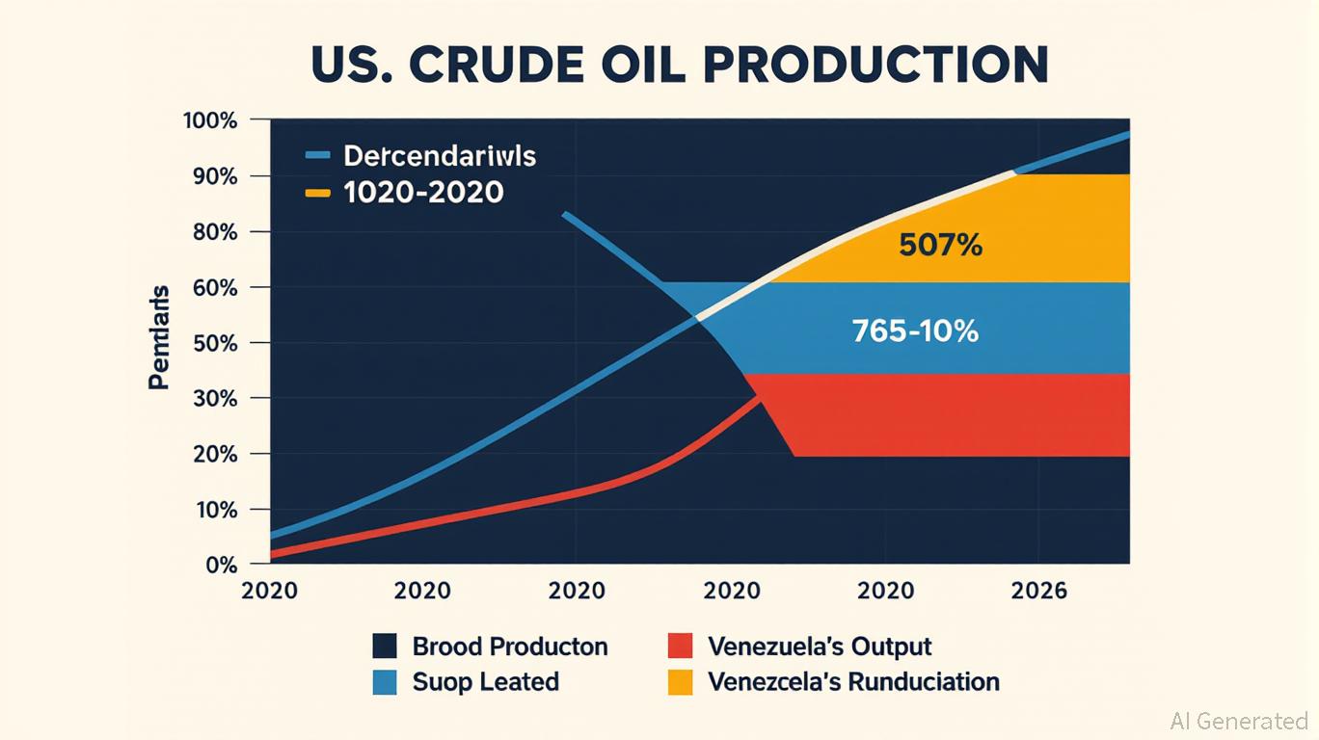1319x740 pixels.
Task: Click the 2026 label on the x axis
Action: tap(1038, 591)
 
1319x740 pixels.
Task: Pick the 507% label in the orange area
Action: tap(940, 246)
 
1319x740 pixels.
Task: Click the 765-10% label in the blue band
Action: tap(915, 331)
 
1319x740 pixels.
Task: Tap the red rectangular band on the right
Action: tap(955, 414)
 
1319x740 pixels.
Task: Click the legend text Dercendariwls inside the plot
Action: tap(439, 155)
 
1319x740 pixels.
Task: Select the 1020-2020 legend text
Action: tap(423, 192)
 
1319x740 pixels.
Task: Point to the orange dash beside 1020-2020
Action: tap(317, 193)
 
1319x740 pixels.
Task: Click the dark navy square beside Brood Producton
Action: tap(385, 646)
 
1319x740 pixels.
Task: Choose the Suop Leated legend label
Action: tap(485, 682)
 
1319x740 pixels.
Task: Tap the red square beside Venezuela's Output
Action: tap(680, 646)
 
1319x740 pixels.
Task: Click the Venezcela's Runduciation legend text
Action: tap(853, 682)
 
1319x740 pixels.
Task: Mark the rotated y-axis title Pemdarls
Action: tap(159, 336)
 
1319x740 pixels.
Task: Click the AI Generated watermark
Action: tap(1239, 721)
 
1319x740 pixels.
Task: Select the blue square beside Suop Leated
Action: tap(385, 682)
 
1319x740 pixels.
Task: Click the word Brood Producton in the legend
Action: tap(510, 646)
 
